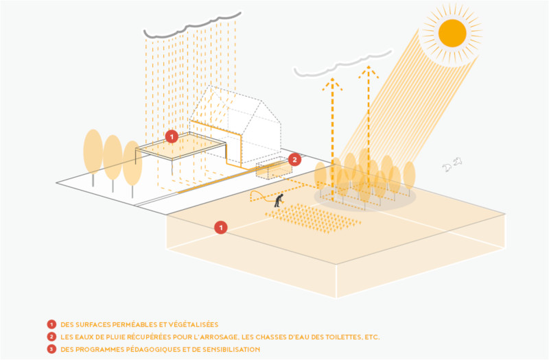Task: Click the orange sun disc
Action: (452, 33)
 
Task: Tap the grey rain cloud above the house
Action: (192, 27)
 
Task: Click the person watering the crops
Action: (279, 200)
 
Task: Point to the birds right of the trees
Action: (452, 165)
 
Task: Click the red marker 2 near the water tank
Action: (294, 160)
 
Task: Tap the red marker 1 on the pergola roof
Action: (172, 136)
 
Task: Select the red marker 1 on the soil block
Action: (220, 228)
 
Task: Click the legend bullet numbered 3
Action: (51, 349)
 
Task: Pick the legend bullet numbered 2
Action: (51, 337)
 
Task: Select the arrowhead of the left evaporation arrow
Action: (332, 84)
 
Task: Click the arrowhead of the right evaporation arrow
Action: (369, 71)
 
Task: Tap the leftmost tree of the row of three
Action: (93, 158)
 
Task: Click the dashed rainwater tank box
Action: (274, 170)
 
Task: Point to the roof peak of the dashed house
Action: (210, 86)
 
